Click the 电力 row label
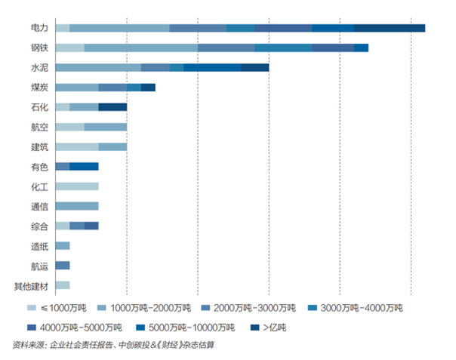pos(39,28)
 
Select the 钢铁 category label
pos(39,48)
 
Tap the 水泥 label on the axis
pos(39,67)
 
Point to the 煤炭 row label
pos(39,88)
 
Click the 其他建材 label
pos(30,285)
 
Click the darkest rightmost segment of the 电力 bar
pos(389,28)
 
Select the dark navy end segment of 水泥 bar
pos(254,68)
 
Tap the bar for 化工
pos(77,186)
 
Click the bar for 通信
pos(77,206)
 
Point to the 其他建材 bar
pos(63,285)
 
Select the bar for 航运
pos(63,266)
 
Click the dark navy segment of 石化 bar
pos(112,107)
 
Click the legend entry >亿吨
pos(273,328)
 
